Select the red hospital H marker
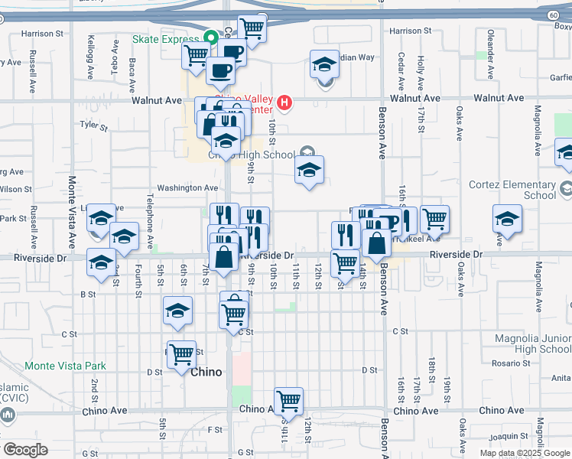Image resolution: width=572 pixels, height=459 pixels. [x=284, y=102]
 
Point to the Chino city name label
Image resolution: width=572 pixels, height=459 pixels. [x=206, y=373]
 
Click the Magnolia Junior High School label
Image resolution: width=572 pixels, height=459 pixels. [x=532, y=343]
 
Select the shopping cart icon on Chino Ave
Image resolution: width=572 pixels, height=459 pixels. [x=288, y=399]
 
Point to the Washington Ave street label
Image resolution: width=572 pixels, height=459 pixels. [x=187, y=188]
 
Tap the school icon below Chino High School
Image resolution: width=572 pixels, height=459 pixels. [x=309, y=170]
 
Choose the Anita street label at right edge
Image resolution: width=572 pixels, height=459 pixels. [x=561, y=377]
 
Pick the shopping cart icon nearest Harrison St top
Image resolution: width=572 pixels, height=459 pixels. [x=252, y=28]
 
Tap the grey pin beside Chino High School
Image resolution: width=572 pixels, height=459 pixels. [x=308, y=151]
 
